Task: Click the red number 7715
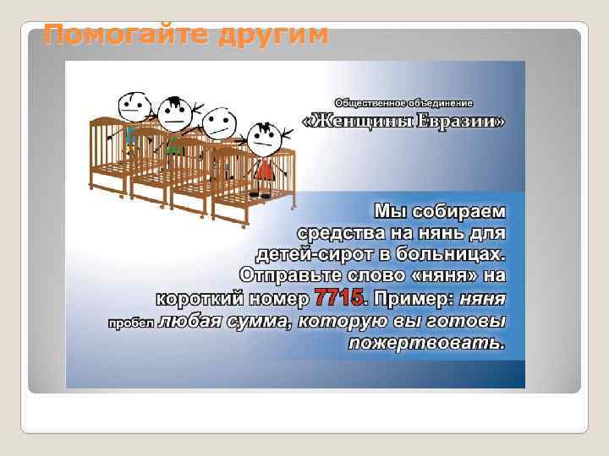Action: click(339, 298)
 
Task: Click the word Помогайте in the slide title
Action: click(123, 35)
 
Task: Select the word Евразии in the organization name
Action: click(460, 122)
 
